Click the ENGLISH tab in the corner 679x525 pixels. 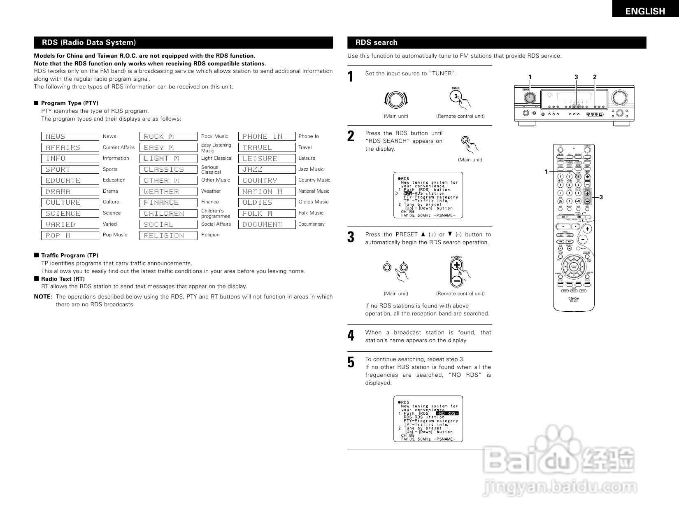tap(645, 11)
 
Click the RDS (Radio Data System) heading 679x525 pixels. tap(89, 42)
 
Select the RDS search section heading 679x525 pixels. tap(376, 42)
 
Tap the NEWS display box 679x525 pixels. tap(70, 136)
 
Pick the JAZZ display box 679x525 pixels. tap(267, 169)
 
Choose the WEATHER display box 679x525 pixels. tap(168, 191)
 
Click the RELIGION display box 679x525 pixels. tap(168, 236)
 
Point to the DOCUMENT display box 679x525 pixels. tap(267, 224)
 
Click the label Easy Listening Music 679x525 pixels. tap(216, 148)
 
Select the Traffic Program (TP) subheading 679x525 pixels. tap(70, 255)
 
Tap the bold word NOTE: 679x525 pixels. tap(43, 296)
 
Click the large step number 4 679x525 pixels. tap(351, 336)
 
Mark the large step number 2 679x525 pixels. tap(351, 136)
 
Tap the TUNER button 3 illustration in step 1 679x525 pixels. tap(456, 96)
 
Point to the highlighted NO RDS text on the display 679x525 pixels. tap(447, 413)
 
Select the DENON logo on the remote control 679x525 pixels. tap(574, 299)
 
